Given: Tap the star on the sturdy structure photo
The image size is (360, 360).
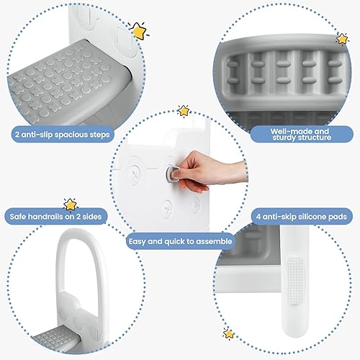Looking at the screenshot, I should coord(341,38).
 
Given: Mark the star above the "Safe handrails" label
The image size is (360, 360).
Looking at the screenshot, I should coord(70,204).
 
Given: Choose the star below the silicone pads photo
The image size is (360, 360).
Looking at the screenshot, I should coord(228,333).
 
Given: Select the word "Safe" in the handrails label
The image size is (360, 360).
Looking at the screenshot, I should coord(22,215).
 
